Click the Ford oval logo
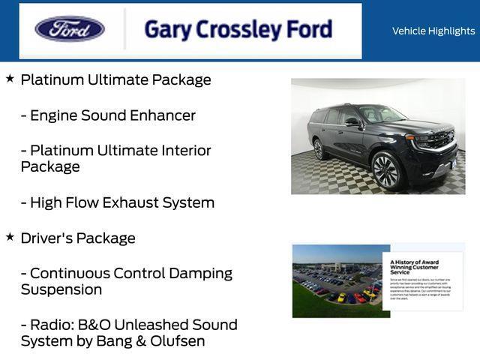point(70,29)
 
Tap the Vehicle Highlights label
point(433,31)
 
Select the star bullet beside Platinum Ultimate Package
point(10,78)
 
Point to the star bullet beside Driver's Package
point(10,236)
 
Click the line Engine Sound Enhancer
point(108,115)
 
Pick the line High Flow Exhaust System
point(118,202)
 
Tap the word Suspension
point(61,289)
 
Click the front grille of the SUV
point(441,140)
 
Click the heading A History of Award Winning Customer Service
point(414,266)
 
